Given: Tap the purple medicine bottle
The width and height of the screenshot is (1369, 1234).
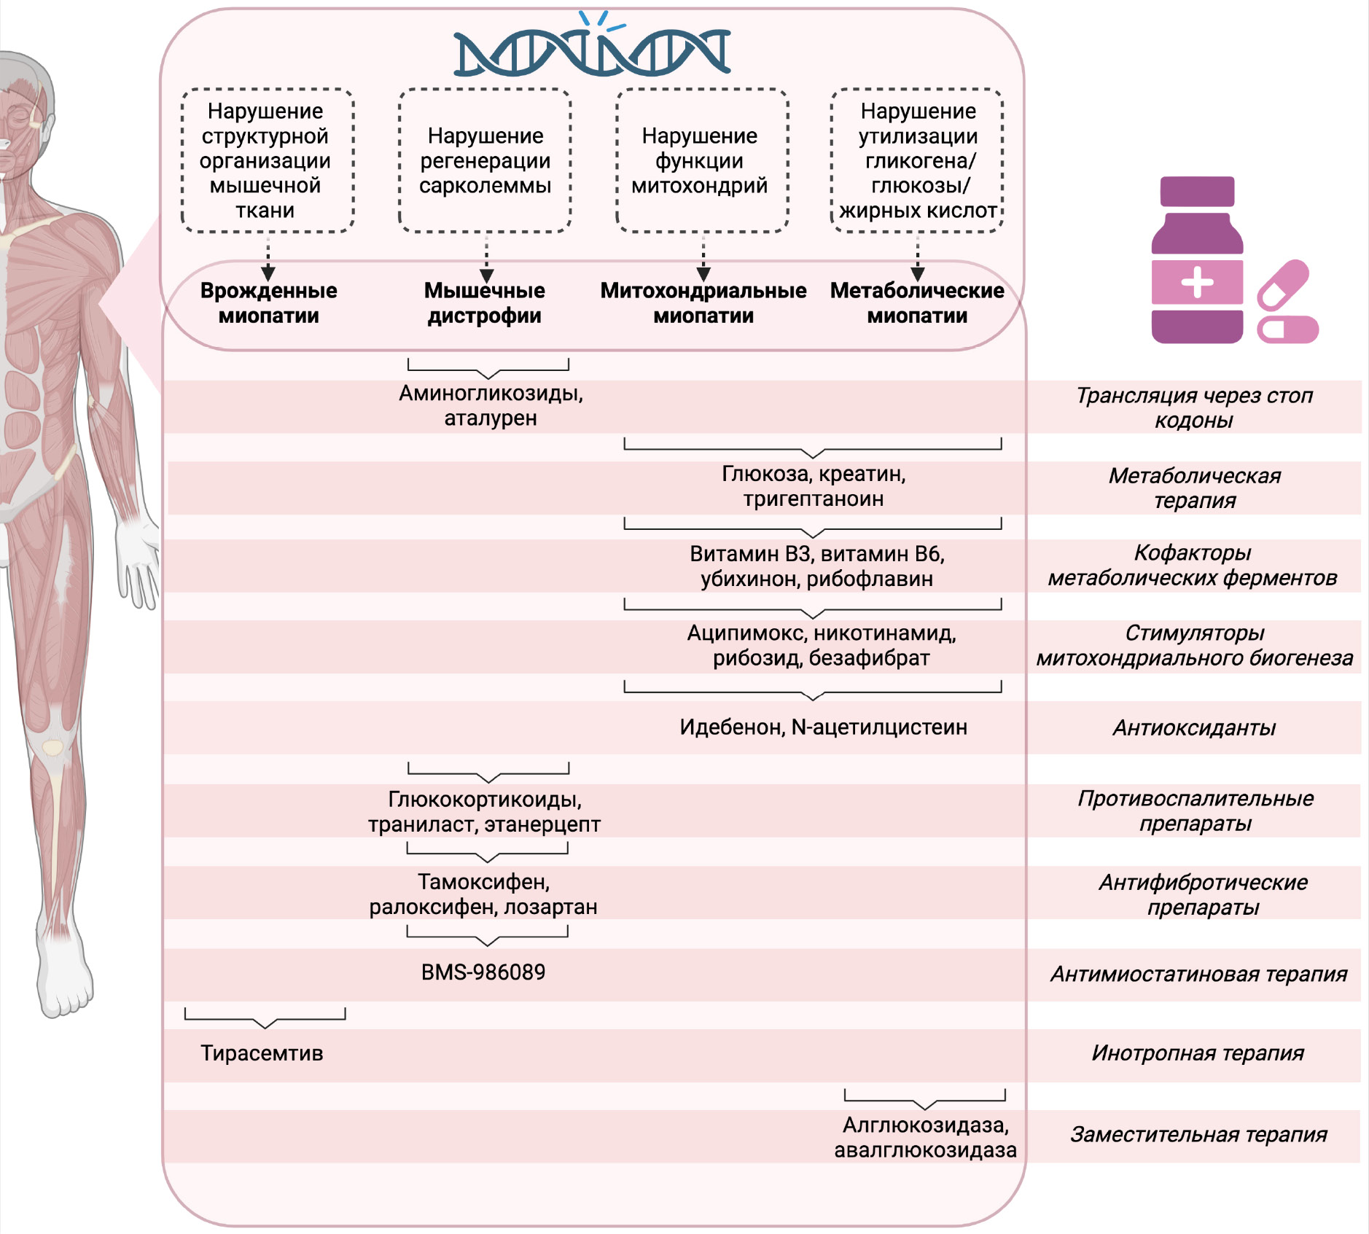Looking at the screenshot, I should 1197,262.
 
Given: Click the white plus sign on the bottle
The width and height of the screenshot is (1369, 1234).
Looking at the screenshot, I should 1197,282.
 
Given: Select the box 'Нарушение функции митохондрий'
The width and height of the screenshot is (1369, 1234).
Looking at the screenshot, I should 702,160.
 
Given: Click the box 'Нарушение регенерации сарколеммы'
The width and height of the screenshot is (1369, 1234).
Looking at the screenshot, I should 485,160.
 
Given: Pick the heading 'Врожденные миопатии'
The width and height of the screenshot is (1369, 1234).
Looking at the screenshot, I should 268,303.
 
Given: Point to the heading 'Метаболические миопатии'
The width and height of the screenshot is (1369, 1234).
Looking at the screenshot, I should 917,303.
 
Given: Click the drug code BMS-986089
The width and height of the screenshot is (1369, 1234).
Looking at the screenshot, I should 483,972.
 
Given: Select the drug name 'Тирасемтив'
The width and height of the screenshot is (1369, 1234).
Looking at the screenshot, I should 262,1053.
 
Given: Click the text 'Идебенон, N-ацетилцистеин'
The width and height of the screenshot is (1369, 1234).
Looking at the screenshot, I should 823,727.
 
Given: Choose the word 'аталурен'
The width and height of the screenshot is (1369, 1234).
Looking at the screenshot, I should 491,418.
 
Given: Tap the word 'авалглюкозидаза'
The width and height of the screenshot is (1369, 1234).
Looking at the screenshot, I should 925,1150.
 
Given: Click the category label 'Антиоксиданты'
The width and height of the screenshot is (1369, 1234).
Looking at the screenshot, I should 1194,727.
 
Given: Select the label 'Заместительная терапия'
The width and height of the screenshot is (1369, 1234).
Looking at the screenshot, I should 1198,1135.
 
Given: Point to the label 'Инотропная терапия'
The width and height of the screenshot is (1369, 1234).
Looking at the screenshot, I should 1198,1053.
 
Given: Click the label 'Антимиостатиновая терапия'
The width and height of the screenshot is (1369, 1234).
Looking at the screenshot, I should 1198,975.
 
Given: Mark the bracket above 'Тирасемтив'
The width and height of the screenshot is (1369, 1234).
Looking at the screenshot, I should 265,1018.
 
